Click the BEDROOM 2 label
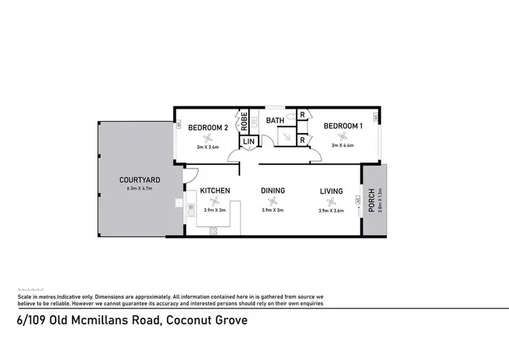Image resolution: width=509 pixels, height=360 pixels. pos(208,127)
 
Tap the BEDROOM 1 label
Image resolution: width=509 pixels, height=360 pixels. pos(343,126)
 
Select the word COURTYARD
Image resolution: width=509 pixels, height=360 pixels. pos(140,180)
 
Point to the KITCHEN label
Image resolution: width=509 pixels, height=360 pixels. pos(214,191)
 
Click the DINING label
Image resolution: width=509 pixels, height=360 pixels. pos(273,191)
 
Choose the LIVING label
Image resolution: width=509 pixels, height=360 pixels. pos(331,191)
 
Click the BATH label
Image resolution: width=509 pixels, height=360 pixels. pos(275,121)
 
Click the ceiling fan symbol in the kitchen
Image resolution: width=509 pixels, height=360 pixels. pos(215,201)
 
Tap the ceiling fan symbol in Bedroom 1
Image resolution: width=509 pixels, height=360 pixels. pos(343,136)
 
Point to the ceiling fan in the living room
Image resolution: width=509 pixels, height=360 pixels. pos(331,201)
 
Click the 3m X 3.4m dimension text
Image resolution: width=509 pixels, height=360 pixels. pos(208,146)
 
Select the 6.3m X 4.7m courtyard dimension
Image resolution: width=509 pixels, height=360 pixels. pos(140,188)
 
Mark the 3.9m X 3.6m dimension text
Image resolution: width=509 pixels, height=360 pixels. pos(331,211)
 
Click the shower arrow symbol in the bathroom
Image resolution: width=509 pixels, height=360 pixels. pos(286,137)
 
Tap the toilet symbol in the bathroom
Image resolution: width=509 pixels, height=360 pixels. pos(290,116)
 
